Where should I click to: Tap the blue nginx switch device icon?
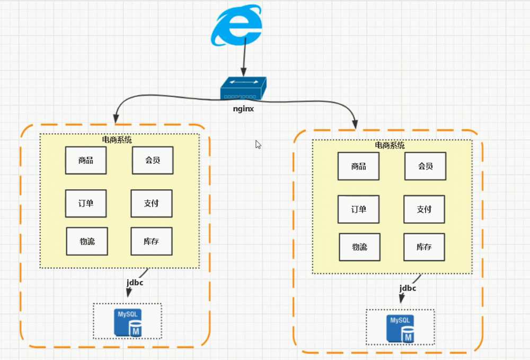pos(243,89)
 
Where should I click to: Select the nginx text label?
pos(244,109)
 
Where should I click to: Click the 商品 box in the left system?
pos(86,161)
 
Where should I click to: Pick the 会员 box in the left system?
pos(153,161)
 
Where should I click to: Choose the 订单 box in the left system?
pos(86,203)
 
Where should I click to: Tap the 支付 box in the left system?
pos(152,203)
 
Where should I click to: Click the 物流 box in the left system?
pos(86,241)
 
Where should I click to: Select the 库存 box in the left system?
pos(152,241)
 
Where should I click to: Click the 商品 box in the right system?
pos(359,166)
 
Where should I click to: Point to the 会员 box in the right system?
pos(425,166)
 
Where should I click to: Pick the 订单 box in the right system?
pos(359,209)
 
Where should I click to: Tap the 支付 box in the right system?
pos(424,209)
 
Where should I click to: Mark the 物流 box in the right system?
pos(360,247)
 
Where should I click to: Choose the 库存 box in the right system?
pos(424,247)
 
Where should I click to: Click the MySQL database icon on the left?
pos(129,322)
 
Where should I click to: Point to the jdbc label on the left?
pos(135,283)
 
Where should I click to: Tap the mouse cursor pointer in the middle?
pos(258,144)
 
